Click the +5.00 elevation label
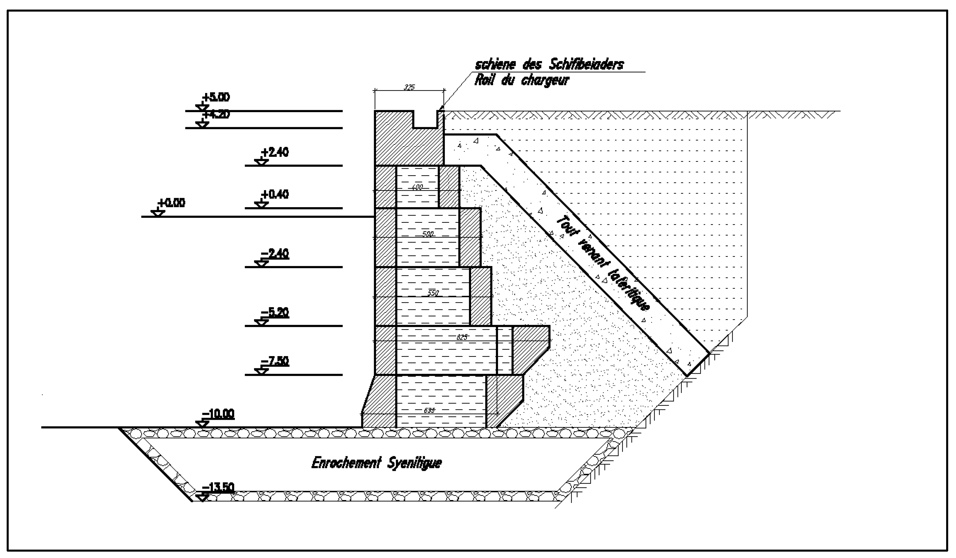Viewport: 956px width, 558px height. pyautogui.click(x=216, y=97)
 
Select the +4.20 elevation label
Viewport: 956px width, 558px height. pyautogui.click(x=216, y=114)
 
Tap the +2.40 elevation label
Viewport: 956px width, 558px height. pyautogui.click(x=275, y=152)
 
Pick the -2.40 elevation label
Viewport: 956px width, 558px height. pyautogui.click(x=275, y=254)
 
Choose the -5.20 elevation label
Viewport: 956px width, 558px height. pyautogui.click(x=275, y=313)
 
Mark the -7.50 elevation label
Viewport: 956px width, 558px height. pyautogui.click(x=275, y=362)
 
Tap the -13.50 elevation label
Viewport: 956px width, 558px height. pyautogui.click(x=218, y=487)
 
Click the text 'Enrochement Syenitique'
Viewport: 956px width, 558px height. pyautogui.click(x=376, y=463)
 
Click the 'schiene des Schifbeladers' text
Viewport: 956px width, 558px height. pyautogui.click(x=549, y=65)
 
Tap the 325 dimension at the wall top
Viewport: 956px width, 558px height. pyautogui.click(x=409, y=87)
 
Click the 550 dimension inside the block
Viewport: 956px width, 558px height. pyautogui.click(x=433, y=293)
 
